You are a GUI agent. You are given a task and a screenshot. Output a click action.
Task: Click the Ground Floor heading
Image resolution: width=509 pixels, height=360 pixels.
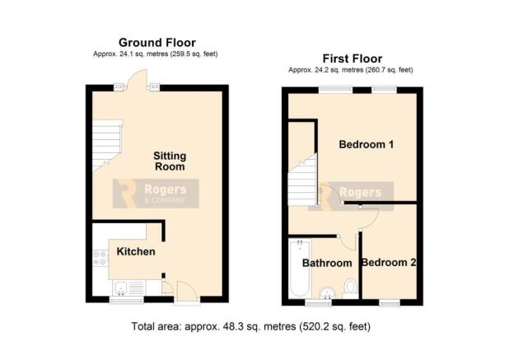coord(157,43)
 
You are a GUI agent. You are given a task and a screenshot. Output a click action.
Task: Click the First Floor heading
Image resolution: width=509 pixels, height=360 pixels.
coord(353,58)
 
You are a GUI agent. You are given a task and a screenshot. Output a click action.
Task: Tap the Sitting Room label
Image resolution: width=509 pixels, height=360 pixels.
coord(170,161)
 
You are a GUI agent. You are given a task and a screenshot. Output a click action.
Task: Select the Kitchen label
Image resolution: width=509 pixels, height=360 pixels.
coord(136,251)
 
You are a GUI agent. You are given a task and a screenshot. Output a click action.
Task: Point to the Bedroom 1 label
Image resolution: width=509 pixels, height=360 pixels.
coord(367,144)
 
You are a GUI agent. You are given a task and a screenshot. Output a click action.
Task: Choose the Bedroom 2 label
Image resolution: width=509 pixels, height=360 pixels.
coord(389,262)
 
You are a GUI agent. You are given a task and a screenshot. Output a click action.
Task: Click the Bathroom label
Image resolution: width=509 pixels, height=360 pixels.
coord(327,263)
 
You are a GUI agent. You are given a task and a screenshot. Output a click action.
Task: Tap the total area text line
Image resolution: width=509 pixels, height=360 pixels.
coord(250,326)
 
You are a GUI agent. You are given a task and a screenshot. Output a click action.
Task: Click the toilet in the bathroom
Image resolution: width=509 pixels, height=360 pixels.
coord(350,288)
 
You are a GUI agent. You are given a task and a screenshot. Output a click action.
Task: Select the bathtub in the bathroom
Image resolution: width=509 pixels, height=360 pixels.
coord(300,268)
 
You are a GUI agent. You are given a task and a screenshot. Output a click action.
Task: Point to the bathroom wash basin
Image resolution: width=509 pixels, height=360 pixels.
coord(326,292)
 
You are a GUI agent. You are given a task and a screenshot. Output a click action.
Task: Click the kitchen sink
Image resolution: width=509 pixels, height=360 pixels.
coord(121,288)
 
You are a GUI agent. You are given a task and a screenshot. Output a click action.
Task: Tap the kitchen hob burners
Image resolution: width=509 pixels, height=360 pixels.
coord(100,258)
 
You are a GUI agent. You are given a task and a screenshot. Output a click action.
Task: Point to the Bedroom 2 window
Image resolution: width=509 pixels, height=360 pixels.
coord(390,302)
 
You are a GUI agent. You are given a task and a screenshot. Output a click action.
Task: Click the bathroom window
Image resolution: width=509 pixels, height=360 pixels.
coord(318,302)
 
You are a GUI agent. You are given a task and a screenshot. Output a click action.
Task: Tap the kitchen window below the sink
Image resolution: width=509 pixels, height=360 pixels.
coord(126,300)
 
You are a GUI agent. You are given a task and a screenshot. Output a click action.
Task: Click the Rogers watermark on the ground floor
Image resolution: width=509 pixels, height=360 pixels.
coord(156,194)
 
